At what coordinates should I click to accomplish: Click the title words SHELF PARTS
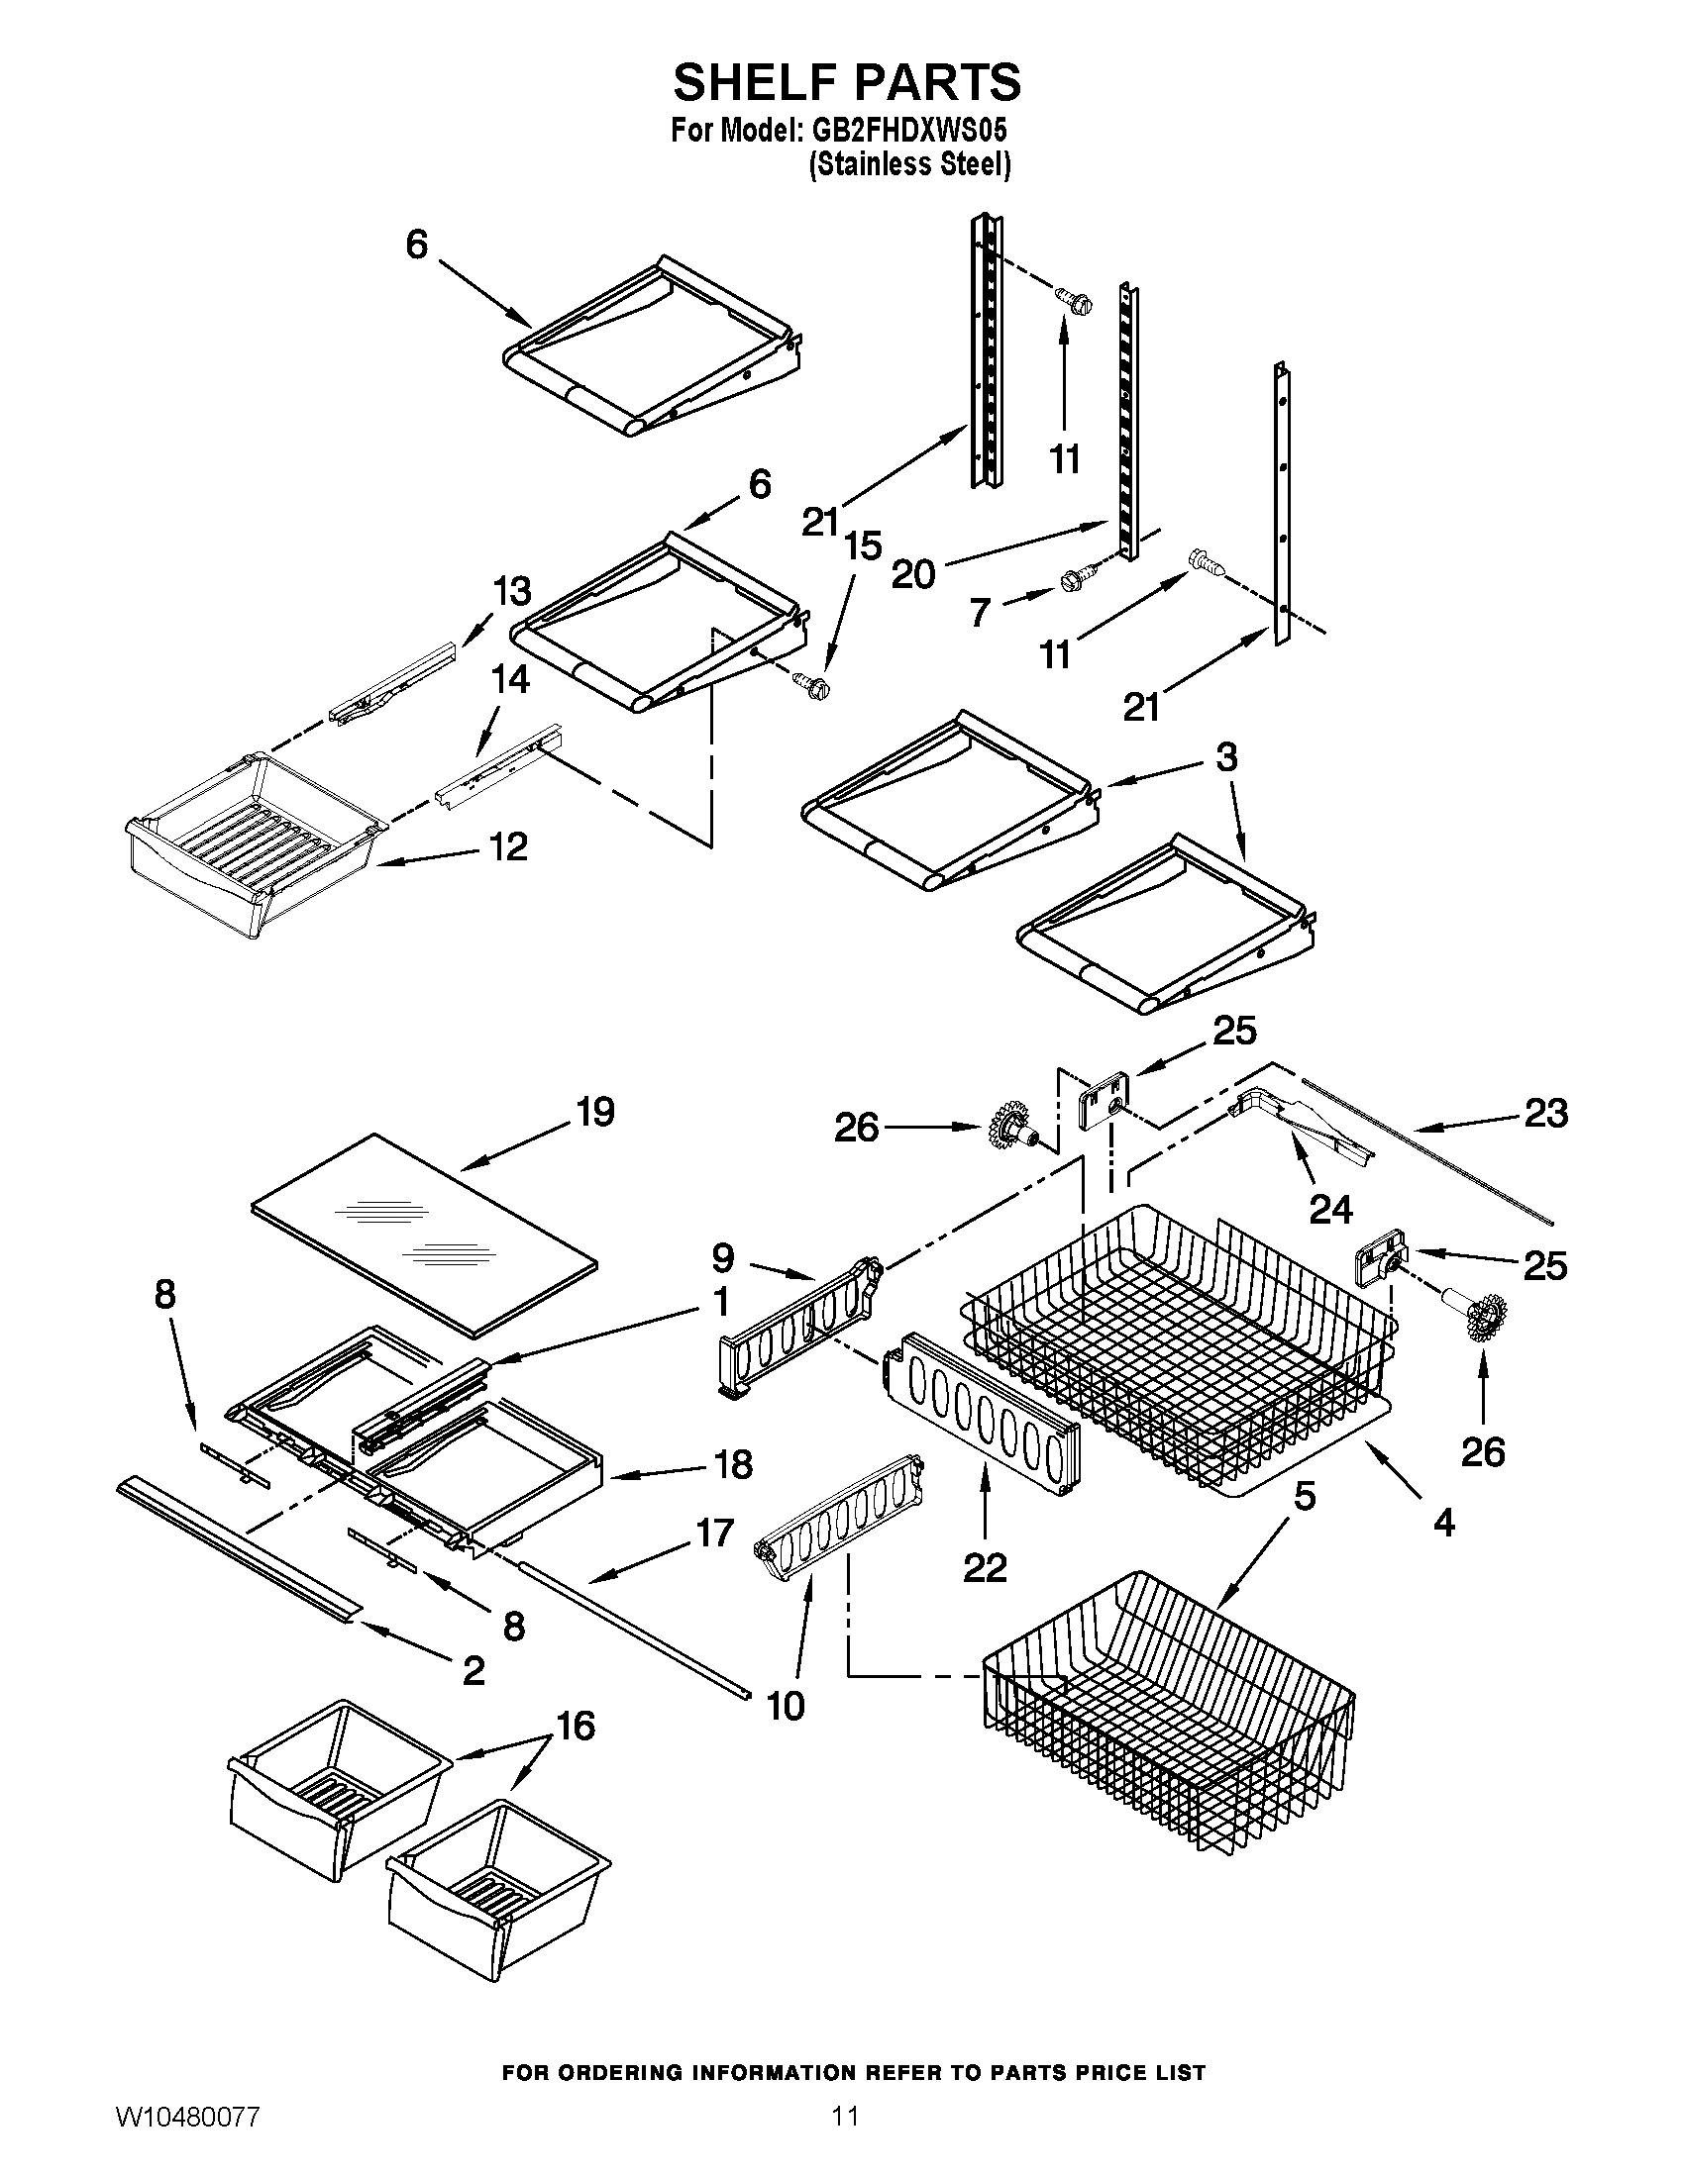pos(846,82)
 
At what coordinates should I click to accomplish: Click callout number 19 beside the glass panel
pos(594,1112)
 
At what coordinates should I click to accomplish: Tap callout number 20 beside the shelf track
pos(913,573)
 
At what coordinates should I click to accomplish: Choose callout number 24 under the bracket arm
pos(1329,1209)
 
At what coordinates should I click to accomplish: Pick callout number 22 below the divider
pos(985,1569)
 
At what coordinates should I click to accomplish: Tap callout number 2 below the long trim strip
pos(473,1669)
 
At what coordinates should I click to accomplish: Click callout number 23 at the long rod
pos(1545,1113)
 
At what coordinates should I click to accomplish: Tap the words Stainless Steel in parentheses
pos(908,164)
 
